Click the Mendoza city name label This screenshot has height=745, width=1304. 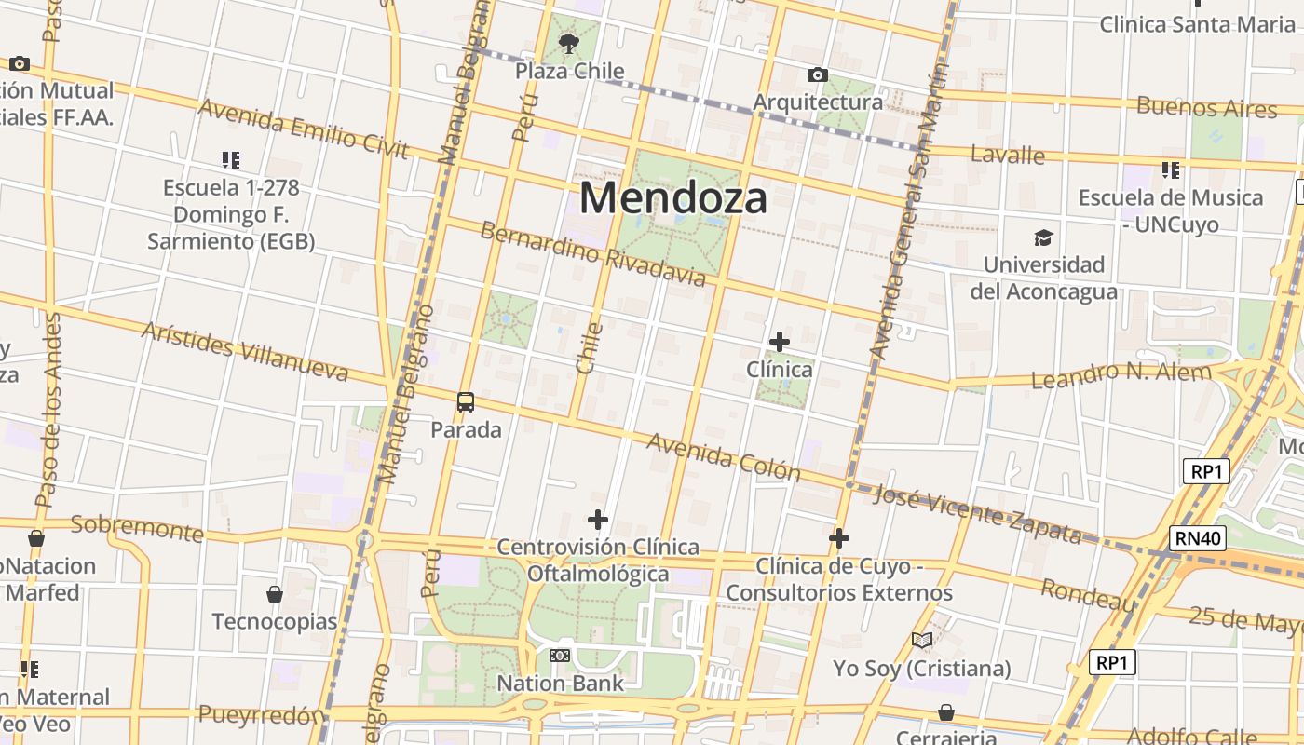point(673,198)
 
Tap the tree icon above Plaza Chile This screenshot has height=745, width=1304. point(568,43)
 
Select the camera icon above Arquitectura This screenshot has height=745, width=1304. point(817,74)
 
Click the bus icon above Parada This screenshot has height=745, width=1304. point(466,402)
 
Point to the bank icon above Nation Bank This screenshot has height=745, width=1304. point(559,656)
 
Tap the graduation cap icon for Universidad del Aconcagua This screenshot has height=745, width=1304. point(1043,238)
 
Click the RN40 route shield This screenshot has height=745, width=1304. point(1198,538)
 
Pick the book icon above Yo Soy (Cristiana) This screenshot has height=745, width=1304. point(921,641)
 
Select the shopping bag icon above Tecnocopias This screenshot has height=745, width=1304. point(274,594)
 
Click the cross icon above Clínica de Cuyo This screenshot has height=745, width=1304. point(838,538)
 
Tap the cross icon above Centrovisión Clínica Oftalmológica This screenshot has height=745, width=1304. point(598,520)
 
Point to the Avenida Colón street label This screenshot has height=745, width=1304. point(723,456)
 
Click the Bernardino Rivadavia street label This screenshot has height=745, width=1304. point(592,253)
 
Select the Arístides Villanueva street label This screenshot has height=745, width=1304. point(244,352)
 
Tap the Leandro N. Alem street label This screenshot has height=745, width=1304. point(1121,374)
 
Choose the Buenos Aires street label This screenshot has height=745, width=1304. point(1206,107)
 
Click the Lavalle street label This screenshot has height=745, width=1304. point(1007,155)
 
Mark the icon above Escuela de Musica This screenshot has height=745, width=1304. point(1170,170)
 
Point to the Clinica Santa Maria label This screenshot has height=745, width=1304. point(1197,24)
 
